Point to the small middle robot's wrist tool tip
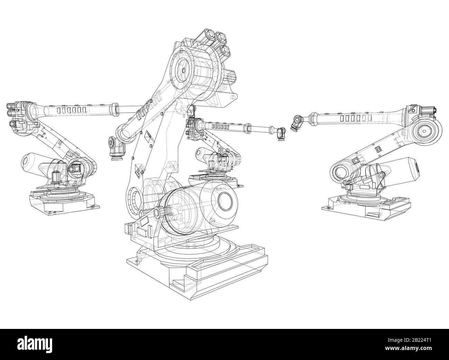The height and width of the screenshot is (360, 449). (x=281, y=133)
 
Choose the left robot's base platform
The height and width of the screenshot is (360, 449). (x=64, y=204)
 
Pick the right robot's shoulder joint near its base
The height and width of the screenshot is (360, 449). (x=340, y=171)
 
